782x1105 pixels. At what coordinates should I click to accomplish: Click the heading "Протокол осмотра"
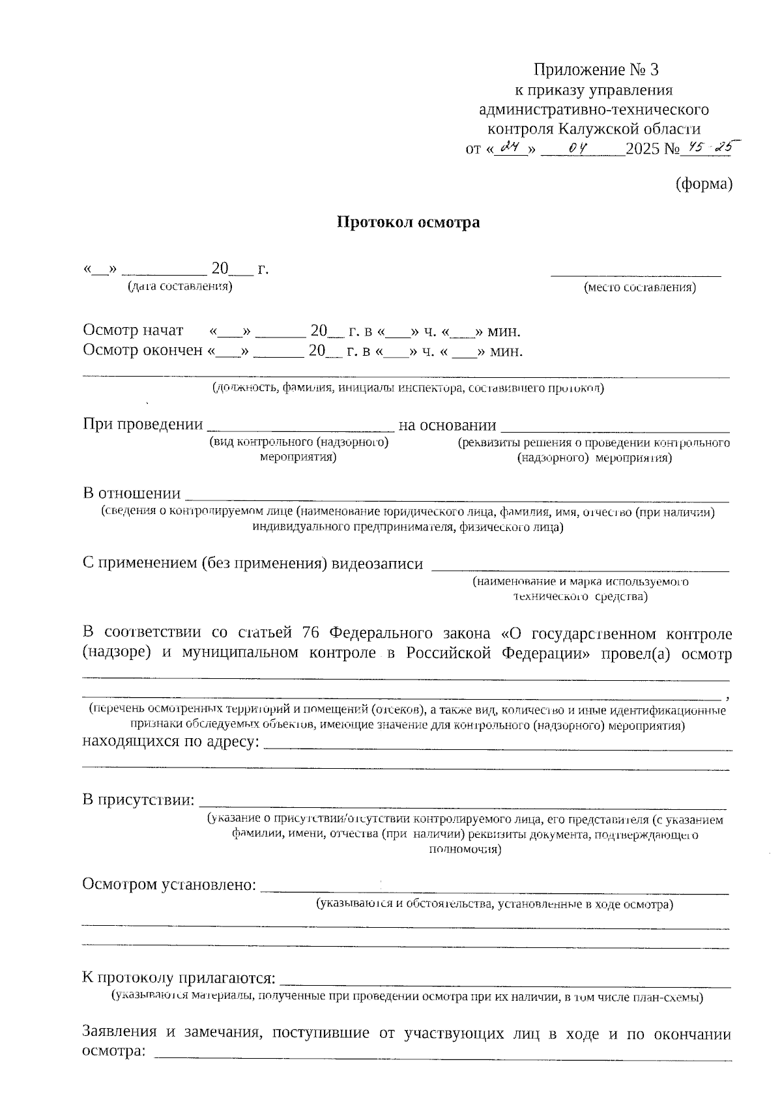(x=408, y=222)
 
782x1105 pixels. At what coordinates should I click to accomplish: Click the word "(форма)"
(x=704, y=184)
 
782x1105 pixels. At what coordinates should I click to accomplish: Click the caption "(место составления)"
(x=640, y=287)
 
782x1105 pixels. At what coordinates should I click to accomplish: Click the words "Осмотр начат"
(x=133, y=330)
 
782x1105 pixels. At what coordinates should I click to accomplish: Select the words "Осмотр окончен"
(x=143, y=351)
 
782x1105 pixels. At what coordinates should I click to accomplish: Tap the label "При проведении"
(x=143, y=425)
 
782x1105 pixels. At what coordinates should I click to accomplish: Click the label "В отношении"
(x=132, y=493)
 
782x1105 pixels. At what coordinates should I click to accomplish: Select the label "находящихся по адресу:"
(x=171, y=742)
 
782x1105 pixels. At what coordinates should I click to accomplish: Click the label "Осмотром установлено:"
(x=168, y=884)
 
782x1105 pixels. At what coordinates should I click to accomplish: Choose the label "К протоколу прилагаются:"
(x=179, y=978)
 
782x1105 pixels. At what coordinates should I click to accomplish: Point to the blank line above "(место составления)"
(x=636, y=275)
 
